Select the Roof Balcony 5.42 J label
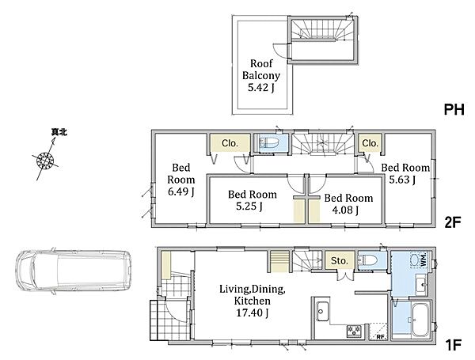(260, 76)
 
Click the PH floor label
(454, 110)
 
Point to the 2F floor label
(453, 222)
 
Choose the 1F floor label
(453, 344)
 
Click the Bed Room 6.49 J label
(180, 180)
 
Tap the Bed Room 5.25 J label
(253, 200)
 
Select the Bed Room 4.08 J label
(348, 204)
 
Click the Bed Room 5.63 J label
(405, 173)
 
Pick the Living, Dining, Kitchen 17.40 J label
(252, 301)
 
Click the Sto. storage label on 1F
(339, 260)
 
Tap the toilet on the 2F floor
(269, 142)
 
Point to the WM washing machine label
(424, 260)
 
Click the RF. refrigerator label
(381, 337)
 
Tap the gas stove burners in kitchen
(354, 330)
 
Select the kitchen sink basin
(322, 311)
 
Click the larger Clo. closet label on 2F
(230, 143)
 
